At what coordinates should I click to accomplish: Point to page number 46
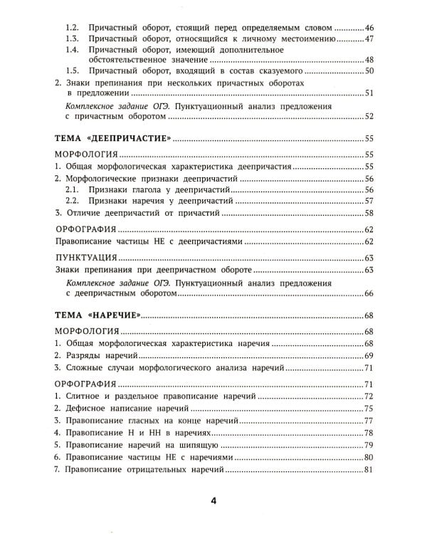pyautogui.click(x=369, y=26)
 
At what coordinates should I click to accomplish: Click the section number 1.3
pyautogui.click(x=71, y=38)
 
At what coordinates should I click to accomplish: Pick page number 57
pyautogui.click(x=369, y=200)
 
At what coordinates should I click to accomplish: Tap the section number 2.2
pyautogui.click(x=71, y=200)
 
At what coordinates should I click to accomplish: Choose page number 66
pyautogui.click(x=369, y=293)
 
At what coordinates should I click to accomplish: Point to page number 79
pyautogui.click(x=369, y=445)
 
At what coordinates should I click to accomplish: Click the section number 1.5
pyautogui.click(x=71, y=71)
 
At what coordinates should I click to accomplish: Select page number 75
pyautogui.click(x=369, y=408)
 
